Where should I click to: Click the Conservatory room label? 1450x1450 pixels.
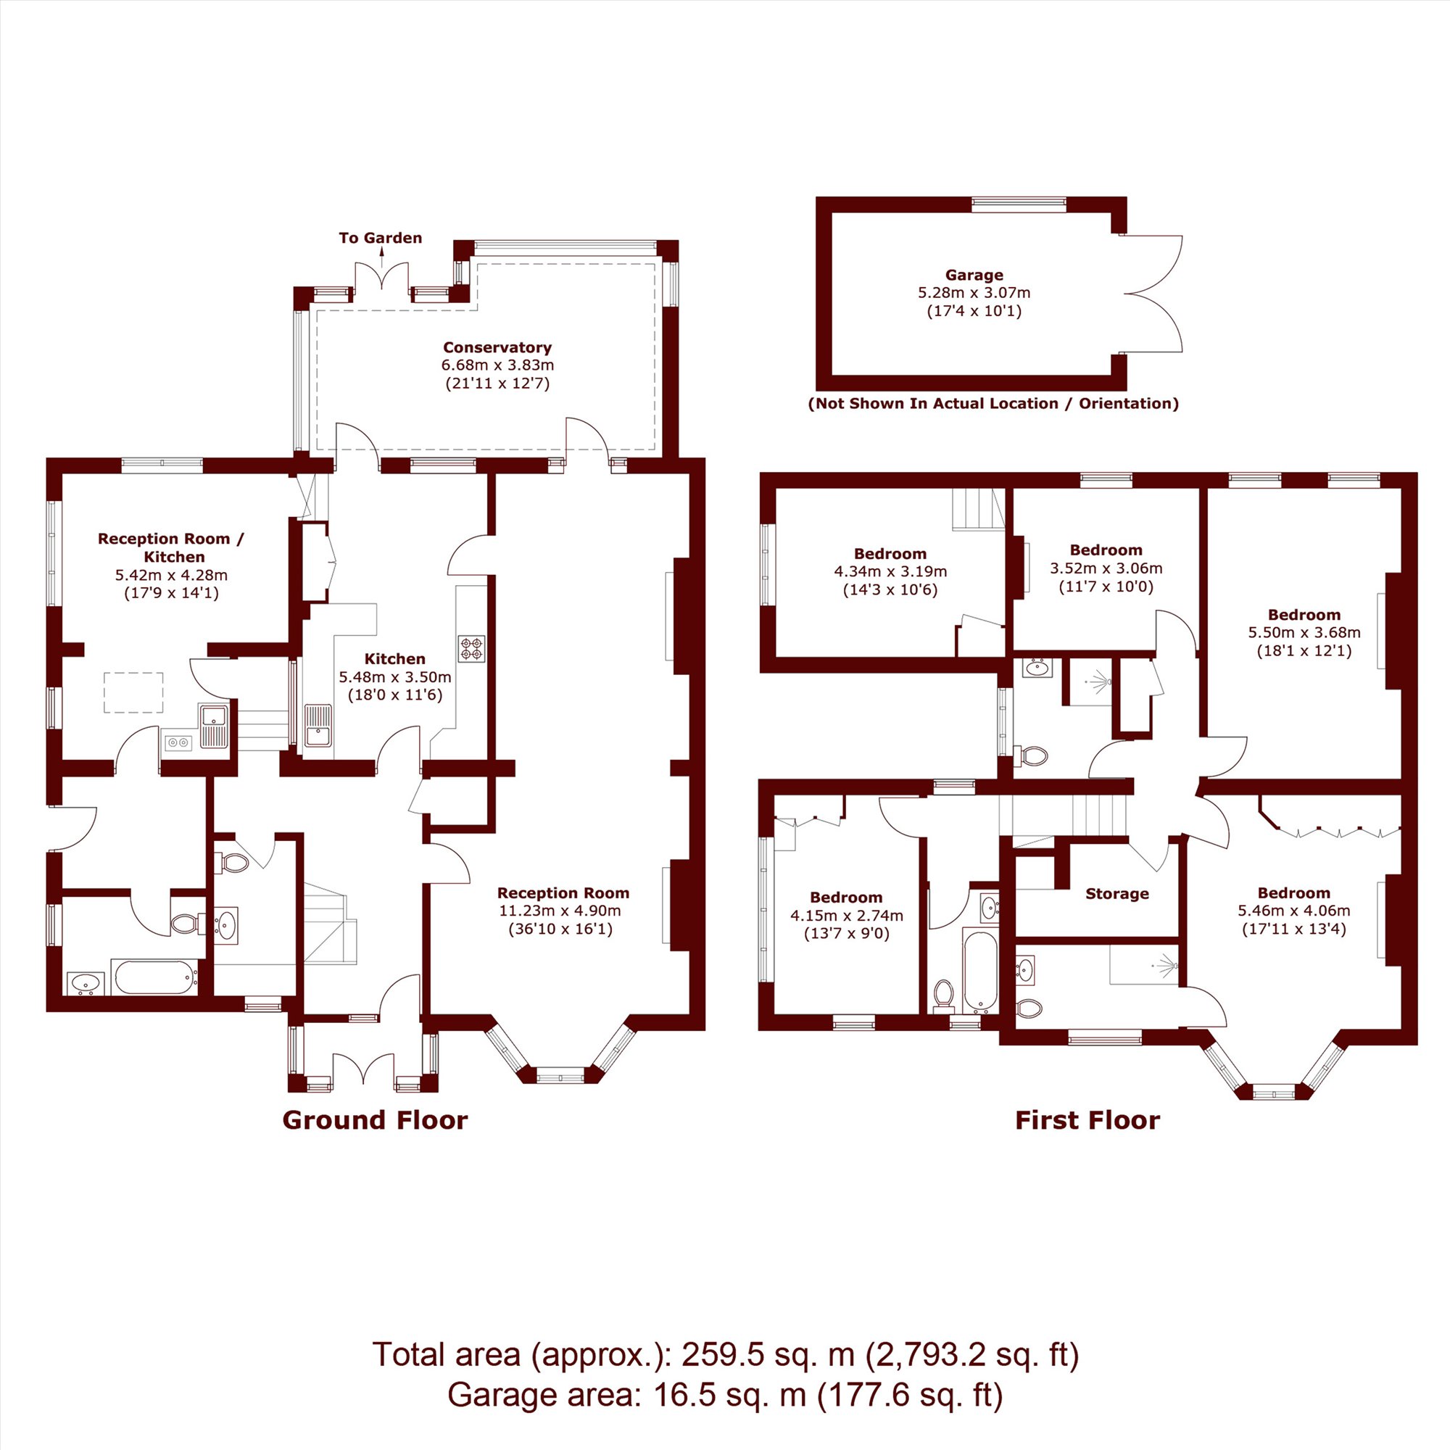click(497, 347)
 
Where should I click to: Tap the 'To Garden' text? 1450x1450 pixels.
click(381, 238)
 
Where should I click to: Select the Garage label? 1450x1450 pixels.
click(974, 275)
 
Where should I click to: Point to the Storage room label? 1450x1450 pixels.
click(1116, 894)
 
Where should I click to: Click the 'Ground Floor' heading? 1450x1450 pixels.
click(376, 1121)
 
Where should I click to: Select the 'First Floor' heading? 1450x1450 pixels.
click(1087, 1121)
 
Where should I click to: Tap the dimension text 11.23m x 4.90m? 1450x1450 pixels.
click(560, 911)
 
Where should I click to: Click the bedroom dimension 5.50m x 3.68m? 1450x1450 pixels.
click(1304, 633)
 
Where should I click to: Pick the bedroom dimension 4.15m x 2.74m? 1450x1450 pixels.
click(847, 916)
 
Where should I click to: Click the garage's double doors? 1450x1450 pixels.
click(1151, 294)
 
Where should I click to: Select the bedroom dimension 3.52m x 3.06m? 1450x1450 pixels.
click(1106, 568)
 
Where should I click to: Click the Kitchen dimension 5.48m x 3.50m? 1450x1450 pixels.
click(395, 677)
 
